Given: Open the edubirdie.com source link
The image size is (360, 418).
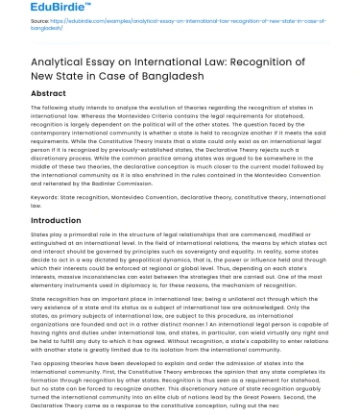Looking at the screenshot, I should pyautogui.click(x=182, y=19).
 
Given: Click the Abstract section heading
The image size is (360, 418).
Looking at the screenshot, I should pyautogui.click(x=49, y=93).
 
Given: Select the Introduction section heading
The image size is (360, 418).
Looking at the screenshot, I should pyautogui.click(x=57, y=220).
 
